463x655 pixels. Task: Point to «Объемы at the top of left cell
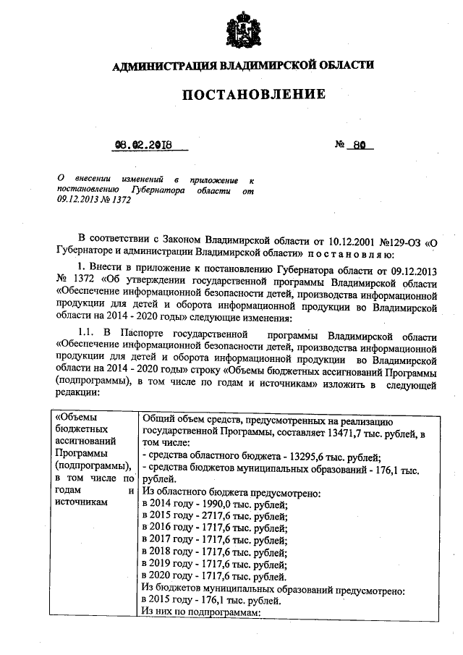point(78,417)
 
